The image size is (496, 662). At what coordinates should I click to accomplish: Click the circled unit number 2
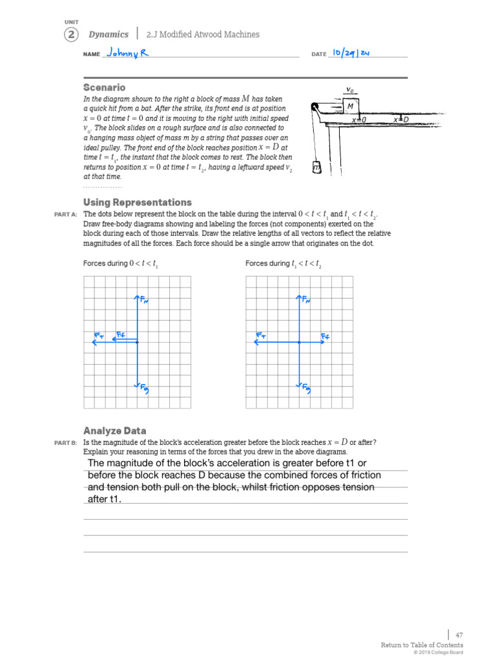tap(70, 35)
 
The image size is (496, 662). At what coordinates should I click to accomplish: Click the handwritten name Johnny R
tap(127, 53)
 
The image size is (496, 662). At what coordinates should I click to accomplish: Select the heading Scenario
tap(104, 87)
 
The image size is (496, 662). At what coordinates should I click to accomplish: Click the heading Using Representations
tap(137, 202)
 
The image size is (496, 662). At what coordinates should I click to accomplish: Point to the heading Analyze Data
tap(114, 431)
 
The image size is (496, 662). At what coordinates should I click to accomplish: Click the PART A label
tap(66, 215)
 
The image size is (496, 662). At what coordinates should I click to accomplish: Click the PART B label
tap(66, 443)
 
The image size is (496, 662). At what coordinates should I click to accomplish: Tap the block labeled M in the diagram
tap(350, 106)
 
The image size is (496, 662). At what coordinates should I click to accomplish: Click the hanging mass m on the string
tap(316, 168)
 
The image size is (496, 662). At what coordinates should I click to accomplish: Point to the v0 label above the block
tap(349, 90)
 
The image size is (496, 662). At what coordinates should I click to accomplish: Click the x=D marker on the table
tap(401, 120)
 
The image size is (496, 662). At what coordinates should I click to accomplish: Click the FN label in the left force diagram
tap(144, 300)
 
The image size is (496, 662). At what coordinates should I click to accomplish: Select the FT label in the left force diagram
tap(99, 336)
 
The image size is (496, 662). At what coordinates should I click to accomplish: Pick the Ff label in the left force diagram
tap(121, 334)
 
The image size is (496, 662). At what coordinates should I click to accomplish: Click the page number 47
tap(459, 635)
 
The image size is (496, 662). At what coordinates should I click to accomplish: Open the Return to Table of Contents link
tap(422, 645)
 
